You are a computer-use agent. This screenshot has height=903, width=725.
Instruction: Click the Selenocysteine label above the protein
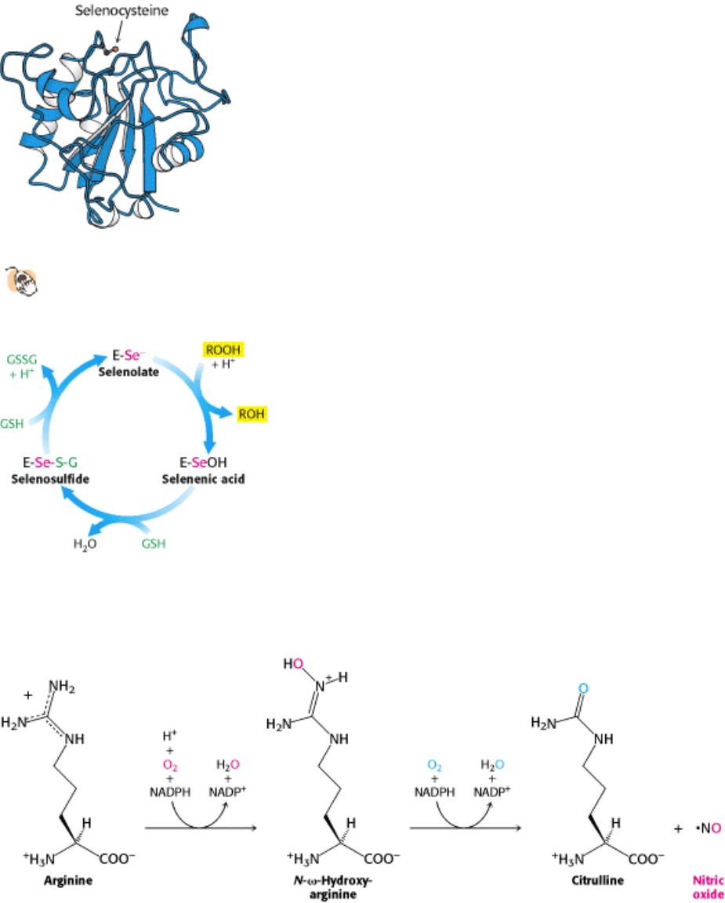[x=121, y=10]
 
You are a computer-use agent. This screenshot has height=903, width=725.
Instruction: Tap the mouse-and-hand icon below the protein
[x=23, y=281]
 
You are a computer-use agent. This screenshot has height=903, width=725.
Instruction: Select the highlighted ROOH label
[x=223, y=350]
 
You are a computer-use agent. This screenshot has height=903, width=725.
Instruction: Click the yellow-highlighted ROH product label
[x=252, y=414]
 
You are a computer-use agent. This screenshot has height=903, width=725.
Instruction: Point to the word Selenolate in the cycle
[x=129, y=372]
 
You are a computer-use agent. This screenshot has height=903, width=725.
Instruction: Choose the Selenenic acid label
[x=203, y=479]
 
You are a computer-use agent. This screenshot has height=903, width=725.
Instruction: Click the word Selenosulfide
[x=50, y=479]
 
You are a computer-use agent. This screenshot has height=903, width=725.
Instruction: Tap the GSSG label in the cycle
[x=22, y=360]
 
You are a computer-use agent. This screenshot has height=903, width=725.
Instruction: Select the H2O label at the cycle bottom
[x=85, y=544]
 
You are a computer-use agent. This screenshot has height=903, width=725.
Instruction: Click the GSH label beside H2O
[x=154, y=544]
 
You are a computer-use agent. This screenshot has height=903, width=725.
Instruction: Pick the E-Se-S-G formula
[x=50, y=462]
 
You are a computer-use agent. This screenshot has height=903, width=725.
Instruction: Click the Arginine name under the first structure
[x=68, y=880]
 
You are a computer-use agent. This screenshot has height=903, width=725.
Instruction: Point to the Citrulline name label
[x=598, y=880]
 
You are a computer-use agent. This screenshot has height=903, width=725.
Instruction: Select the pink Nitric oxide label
[x=708, y=887]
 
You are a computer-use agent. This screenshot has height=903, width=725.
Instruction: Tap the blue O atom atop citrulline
[x=583, y=689]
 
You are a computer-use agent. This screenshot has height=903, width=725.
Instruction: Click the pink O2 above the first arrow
[x=170, y=765]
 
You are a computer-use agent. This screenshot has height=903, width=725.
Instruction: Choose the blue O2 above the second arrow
[x=435, y=765]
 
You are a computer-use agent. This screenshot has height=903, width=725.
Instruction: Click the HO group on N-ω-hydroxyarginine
[x=294, y=664]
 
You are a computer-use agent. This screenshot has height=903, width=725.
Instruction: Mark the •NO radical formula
[x=709, y=828]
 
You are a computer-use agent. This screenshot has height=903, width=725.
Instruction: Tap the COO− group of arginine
[x=118, y=858]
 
